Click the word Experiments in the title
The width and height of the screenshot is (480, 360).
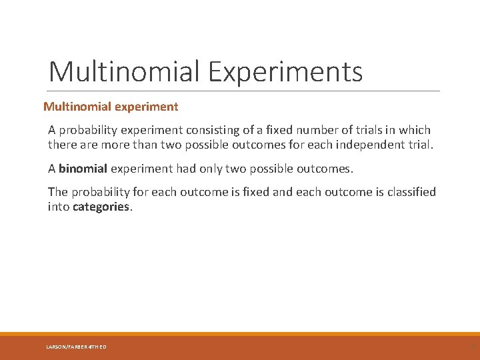click(x=285, y=72)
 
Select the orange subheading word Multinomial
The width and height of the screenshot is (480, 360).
click(x=73, y=107)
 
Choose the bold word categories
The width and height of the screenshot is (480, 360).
click(x=101, y=207)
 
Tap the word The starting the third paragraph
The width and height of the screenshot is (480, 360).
click(x=57, y=193)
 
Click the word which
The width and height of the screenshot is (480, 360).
click(x=415, y=130)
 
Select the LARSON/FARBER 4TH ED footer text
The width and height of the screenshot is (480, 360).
click(x=76, y=347)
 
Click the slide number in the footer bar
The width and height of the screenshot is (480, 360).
click(x=473, y=347)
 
